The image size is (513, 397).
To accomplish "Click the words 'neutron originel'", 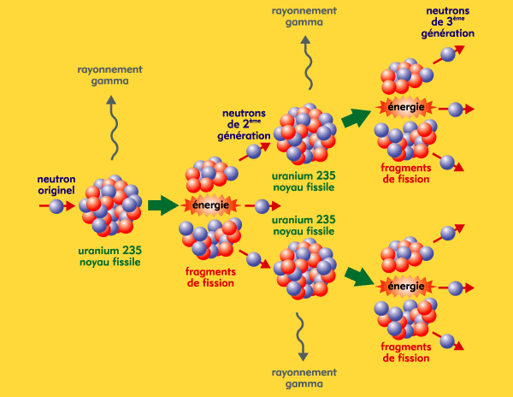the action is [56, 185].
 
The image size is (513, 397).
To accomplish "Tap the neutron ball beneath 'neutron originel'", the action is [56, 206].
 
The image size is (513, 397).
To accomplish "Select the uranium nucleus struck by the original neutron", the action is [111, 205].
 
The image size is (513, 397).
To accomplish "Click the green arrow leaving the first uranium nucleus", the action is [163, 205].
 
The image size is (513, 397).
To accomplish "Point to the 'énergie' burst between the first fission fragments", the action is [210, 205].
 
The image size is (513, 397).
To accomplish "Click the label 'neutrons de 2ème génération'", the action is [244, 125].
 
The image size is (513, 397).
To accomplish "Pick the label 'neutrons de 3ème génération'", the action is [447, 22].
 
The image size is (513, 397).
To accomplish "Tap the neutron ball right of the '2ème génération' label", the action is [254, 151].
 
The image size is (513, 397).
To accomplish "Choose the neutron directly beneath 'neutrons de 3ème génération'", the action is [448, 54].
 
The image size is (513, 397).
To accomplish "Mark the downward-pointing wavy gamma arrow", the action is [301, 336].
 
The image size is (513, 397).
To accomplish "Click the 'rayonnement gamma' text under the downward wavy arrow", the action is [304, 378].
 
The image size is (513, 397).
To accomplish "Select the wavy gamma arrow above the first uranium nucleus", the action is [112, 127].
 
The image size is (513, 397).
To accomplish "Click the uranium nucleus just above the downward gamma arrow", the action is [305, 269].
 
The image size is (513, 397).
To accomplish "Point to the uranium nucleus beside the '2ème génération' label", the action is [305, 133].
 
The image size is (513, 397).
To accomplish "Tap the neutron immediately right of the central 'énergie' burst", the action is [262, 206].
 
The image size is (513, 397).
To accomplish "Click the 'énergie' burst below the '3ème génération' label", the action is [405, 107].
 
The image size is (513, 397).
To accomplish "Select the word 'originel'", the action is [56, 190].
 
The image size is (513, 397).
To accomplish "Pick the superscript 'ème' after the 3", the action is [458, 18].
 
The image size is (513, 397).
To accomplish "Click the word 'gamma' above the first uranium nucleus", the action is [110, 81].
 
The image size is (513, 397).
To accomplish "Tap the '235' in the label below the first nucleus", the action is [133, 251].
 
